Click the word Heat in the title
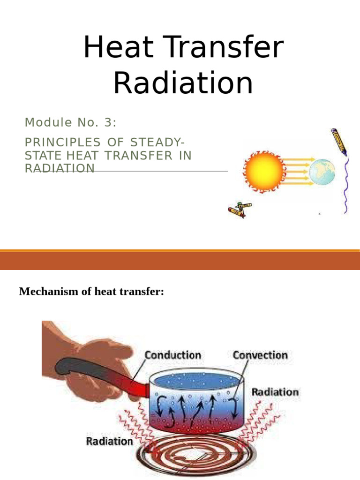point(119,47)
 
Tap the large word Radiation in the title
point(183,82)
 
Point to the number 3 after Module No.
point(108,122)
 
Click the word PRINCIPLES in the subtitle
point(62,142)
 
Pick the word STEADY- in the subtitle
point(157,142)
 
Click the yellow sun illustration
point(264,171)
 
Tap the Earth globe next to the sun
point(322,172)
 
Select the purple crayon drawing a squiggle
point(339,142)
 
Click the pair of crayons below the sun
point(240,210)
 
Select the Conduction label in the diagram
point(173,355)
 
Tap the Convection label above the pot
point(260,355)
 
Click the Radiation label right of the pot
point(275,392)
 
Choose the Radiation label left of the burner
point(109,442)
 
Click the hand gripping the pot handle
point(92,358)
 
